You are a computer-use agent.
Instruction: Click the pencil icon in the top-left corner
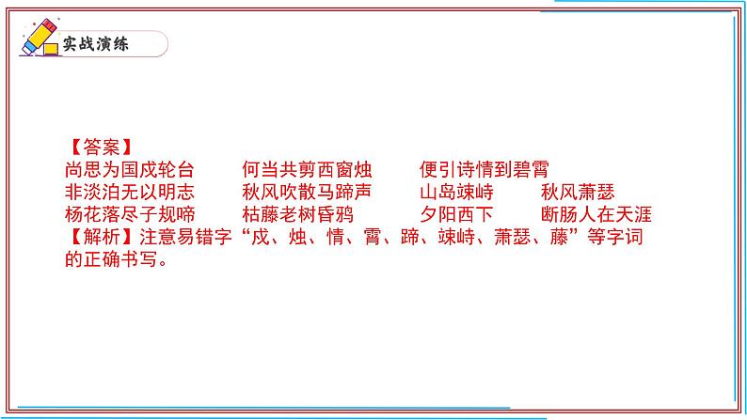click(x=37, y=39)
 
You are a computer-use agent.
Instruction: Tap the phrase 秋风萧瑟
click(x=578, y=193)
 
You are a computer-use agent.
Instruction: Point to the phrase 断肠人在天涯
click(x=596, y=215)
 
